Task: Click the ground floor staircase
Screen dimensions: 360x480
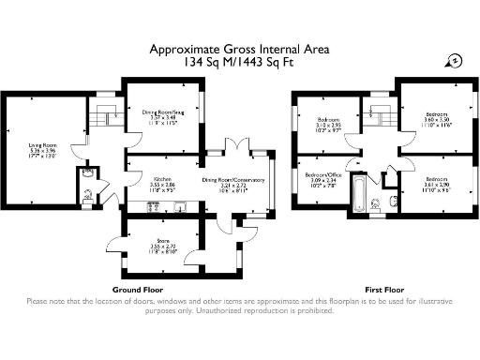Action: tap(101, 117)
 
